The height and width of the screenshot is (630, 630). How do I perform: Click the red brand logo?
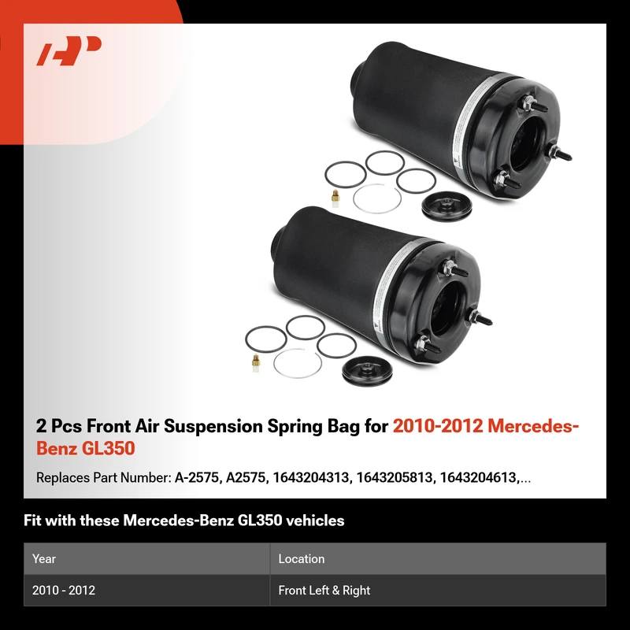click(69, 50)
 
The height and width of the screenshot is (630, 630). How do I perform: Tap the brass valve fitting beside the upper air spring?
click(335, 198)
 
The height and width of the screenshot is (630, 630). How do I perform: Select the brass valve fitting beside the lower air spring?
click(255, 364)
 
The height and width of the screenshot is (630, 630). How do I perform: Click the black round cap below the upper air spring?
click(447, 206)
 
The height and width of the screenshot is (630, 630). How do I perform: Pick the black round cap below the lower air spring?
click(367, 372)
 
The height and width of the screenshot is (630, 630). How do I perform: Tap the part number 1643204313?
click(310, 477)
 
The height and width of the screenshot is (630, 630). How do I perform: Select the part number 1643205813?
click(395, 477)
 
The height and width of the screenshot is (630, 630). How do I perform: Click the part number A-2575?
click(197, 477)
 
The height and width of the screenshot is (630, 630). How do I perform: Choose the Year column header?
click(44, 558)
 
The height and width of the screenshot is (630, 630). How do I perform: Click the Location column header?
click(302, 558)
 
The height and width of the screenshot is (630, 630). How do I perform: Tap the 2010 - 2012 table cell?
click(64, 590)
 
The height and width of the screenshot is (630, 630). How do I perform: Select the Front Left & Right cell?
click(324, 590)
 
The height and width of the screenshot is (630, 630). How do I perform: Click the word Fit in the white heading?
click(32, 521)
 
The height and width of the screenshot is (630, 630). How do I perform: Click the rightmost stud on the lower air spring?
click(480, 319)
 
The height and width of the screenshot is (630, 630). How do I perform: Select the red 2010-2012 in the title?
click(438, 426)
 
